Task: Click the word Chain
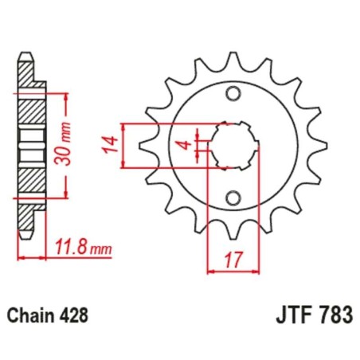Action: [x=32, y=314]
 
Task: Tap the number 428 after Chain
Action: [x=72, y=314]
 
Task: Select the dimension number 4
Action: [x=182, y=146]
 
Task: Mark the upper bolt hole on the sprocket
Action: [x=233, y=94]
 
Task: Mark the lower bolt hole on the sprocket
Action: [x=233, y=198]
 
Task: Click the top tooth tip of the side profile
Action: [x=26, y=57]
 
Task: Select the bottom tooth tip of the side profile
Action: [x=26, y=233]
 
